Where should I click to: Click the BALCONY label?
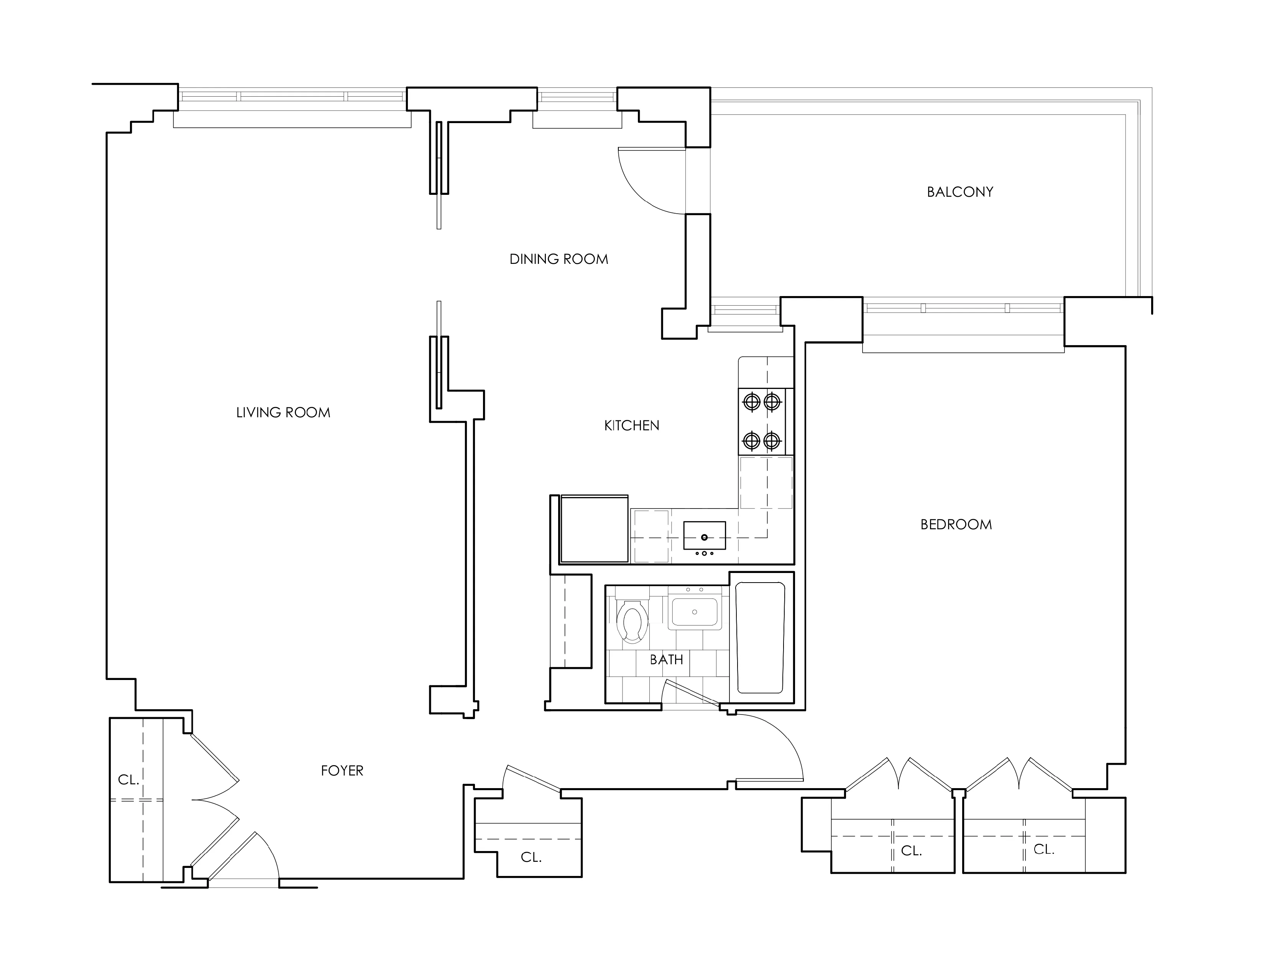[x=960, y=192]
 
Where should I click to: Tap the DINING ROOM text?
[x=559, y=259]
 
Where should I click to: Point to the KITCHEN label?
[x=631, y=425]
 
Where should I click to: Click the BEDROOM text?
[x=956, y=524]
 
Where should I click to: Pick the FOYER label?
[x=342, y=771]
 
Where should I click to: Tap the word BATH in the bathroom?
[x=666, y=659]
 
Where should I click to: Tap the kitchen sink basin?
[x=704, y=535]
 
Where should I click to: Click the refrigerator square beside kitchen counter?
[x=594, y=529]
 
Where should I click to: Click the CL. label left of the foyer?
[x=128, y=780]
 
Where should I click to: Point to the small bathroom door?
[x=693, y=695]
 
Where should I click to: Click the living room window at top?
[x=292, y=96]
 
